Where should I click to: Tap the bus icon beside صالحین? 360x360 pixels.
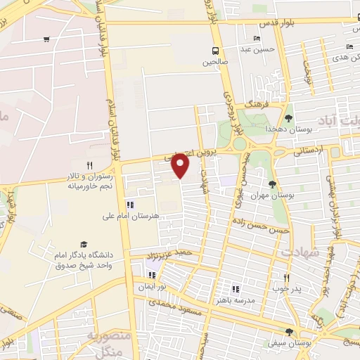[216, 51]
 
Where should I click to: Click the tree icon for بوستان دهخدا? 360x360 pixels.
[288, 117]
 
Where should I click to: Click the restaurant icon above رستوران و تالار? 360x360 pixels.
[89, 165]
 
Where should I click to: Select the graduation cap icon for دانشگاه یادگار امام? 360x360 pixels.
[84, 243]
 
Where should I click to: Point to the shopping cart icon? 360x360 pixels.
[46, 39]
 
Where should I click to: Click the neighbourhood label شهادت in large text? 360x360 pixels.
[300, 251]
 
